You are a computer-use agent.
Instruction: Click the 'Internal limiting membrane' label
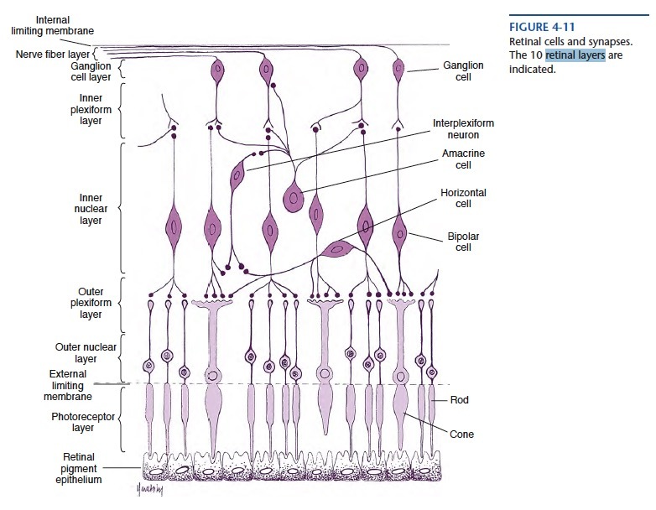pos(53,25)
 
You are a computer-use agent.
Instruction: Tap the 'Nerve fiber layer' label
pos(51,55)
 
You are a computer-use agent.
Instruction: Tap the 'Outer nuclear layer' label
pos(86,352)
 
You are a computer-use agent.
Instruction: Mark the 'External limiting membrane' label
pos(68,385)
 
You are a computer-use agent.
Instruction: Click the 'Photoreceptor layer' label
pos(83,422)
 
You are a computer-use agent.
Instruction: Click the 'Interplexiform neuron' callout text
pos(463,128)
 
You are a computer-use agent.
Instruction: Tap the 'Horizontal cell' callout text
pos(463,198)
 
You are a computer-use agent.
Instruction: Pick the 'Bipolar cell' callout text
pos(463,242)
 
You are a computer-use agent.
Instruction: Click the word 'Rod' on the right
pos(459,400)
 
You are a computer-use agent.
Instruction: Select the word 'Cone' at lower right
pos(462,435)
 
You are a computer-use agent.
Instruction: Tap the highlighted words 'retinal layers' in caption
pos(575,55)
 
